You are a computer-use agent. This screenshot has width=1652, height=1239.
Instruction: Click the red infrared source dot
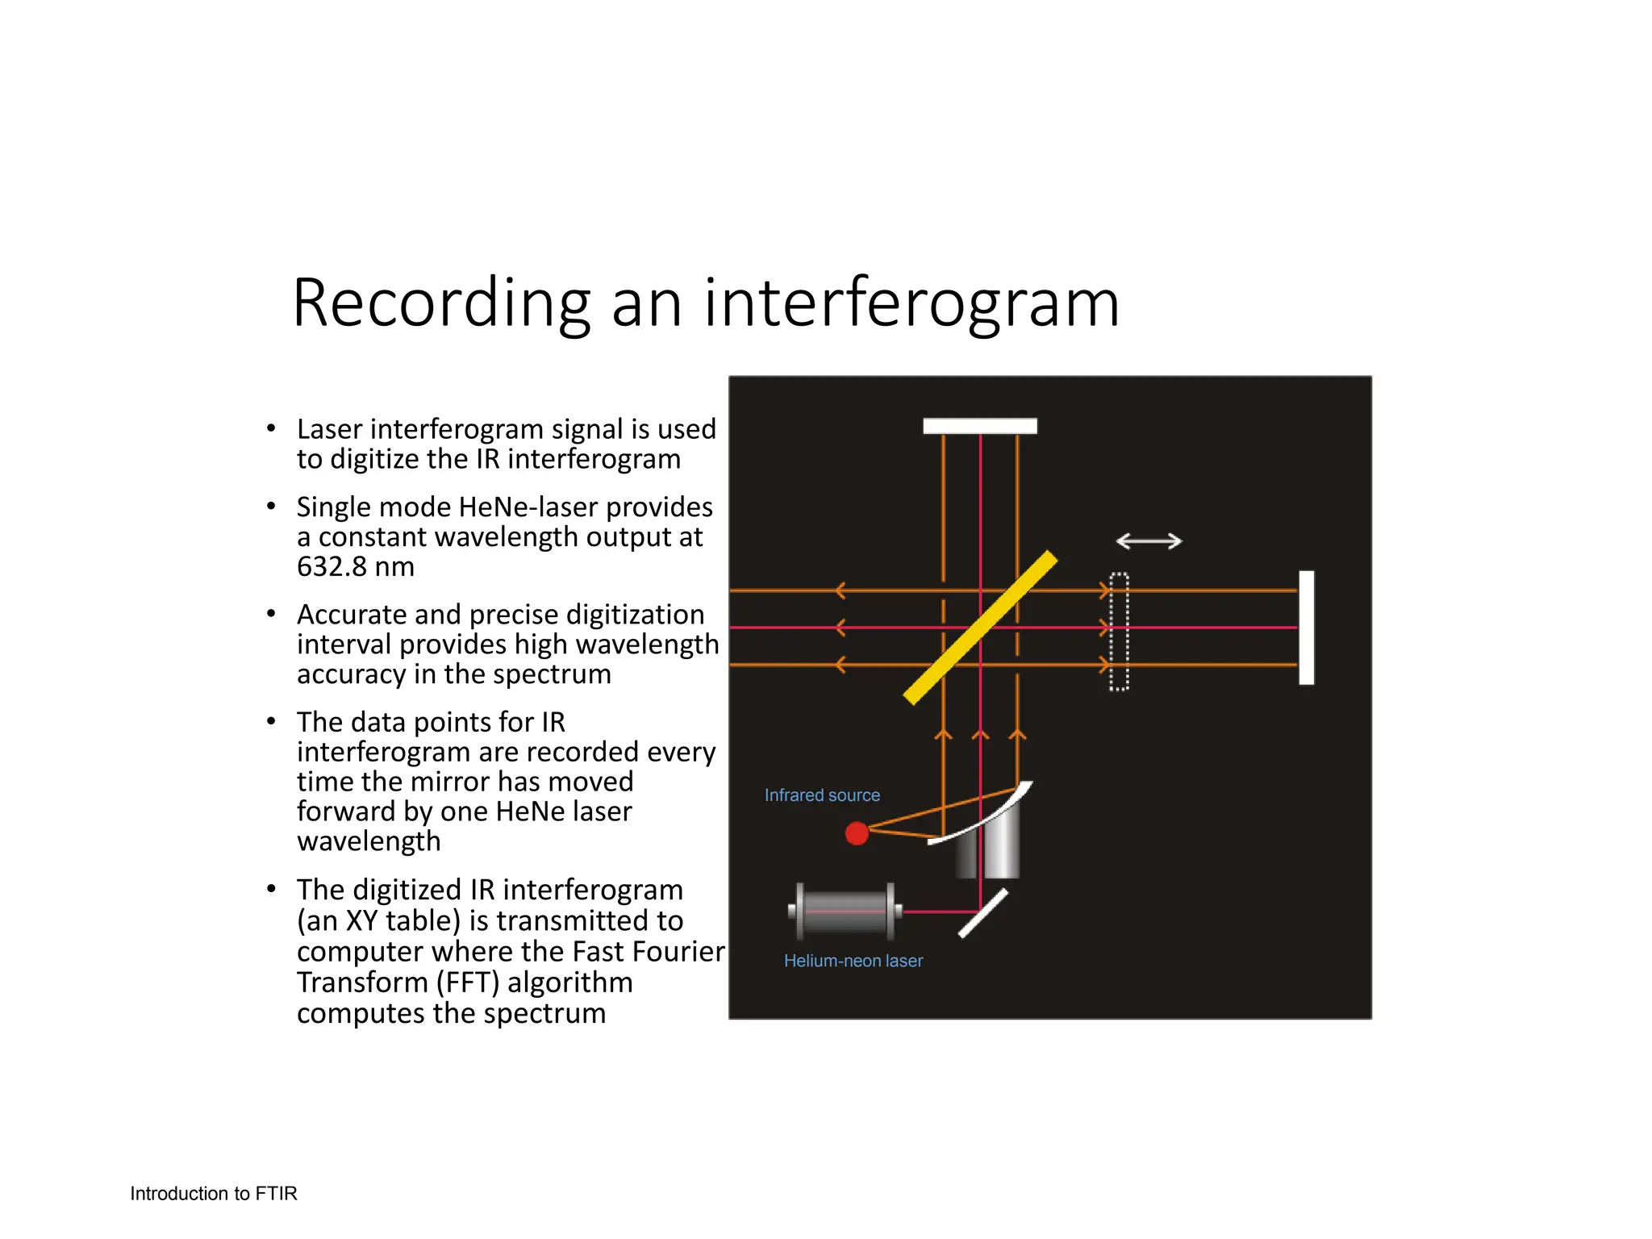[857, 833]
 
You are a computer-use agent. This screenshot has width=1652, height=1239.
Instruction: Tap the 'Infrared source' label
[822, 795]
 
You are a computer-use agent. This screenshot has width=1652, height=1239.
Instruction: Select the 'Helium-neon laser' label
[853, 961]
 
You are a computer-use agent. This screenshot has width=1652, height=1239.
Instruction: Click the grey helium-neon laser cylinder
[845, 912]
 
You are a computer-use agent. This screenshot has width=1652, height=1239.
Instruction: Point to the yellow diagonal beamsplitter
[980, 628]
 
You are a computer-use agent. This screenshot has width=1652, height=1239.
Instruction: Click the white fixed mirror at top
[979, 426]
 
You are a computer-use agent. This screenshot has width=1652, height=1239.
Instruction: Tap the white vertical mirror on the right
[1306, 628]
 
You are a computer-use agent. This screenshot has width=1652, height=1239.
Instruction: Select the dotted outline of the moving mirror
[1119, 632]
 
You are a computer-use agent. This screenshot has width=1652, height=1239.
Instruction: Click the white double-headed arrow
[1149, 541]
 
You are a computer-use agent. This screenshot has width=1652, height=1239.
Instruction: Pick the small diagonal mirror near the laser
[983, 913]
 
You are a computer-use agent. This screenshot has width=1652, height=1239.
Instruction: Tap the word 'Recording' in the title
[441, 303]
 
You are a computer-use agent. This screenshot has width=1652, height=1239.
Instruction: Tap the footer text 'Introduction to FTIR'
[214, 1193]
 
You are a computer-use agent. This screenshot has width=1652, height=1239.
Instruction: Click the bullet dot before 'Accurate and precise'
[272, 615]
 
